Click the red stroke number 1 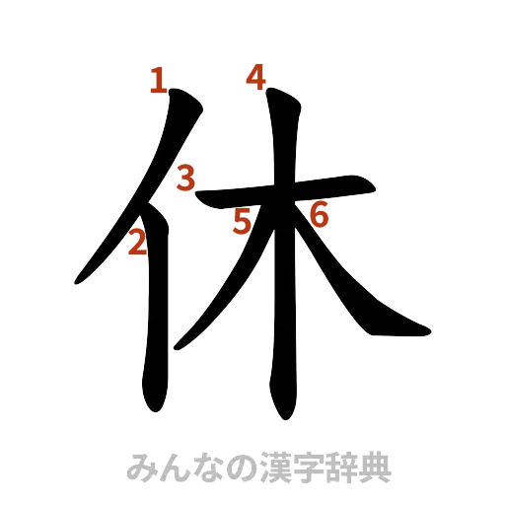pos(158,80)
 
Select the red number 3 pos(184,180)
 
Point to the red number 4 pos(256,77)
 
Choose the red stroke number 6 pos(318,212)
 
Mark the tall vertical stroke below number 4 pos(282,296)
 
